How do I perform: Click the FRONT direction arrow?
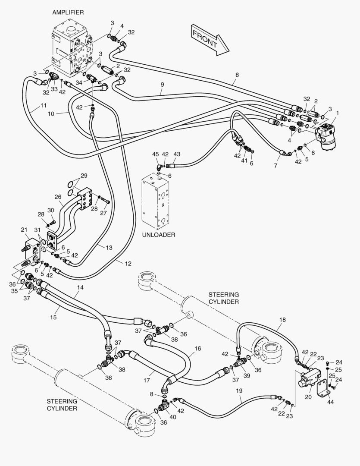coord(210,40)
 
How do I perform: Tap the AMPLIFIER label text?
coord(68,13)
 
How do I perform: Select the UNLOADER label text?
coord(159,235)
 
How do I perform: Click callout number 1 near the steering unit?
coord(337,113)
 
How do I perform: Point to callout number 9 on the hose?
coord(162,85)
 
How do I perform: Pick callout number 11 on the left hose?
coord(44,106)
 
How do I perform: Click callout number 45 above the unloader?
coord(156,154)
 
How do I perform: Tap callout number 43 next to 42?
coord(177,154)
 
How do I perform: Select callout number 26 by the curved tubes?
coord(58,197)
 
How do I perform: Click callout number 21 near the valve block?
coord(24,230)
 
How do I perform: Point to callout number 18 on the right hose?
coord(282,320)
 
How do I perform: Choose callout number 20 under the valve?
coord(308,397)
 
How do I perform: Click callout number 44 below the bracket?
coord(331,402)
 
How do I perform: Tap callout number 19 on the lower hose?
coord(239,391)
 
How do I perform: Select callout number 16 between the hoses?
coord(198,349)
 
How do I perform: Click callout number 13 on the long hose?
coord(109,248)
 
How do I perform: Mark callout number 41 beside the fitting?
coord(244,161)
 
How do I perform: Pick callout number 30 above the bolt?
coord(51,211)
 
